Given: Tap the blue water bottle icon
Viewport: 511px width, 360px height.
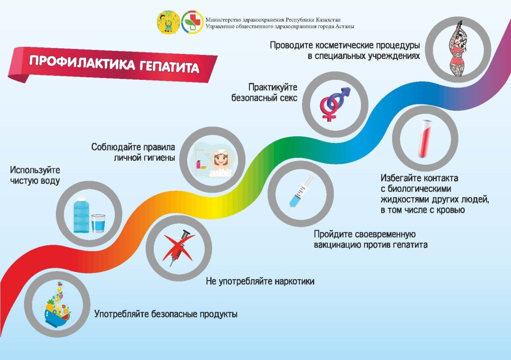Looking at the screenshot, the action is click(x=81, y=214).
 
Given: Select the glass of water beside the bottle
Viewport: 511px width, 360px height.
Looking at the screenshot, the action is click(x=98, y=223).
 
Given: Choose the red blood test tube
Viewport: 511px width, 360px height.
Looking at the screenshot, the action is click(x=425, y=139).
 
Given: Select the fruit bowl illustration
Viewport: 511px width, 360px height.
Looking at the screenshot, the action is click(x=58, y=305).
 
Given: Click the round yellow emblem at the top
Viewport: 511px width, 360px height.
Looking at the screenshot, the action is click(x=169, y=22).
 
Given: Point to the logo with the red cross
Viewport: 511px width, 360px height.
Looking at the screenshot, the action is click(x=192, y=22).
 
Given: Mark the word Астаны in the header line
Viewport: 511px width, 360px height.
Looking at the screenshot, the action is click(x=345, y=26).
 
